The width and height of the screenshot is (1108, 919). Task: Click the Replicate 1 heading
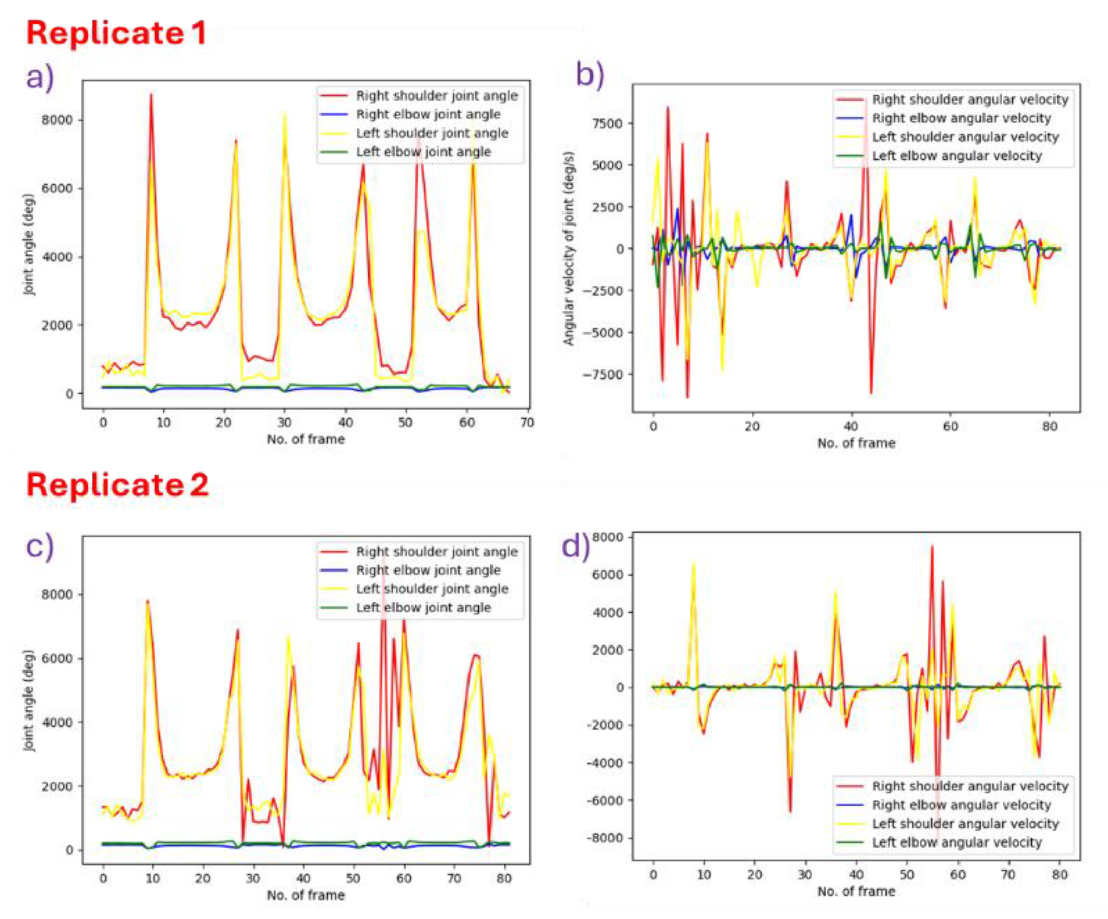point(115,33)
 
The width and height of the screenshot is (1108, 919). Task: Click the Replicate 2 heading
point(117,485)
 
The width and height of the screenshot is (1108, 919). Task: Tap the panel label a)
point(40,78)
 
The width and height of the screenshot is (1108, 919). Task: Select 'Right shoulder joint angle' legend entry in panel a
point(436,96)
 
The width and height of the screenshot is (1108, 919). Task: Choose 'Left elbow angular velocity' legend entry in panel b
point(956,156)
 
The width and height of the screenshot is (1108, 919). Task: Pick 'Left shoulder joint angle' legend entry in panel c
point(432,589)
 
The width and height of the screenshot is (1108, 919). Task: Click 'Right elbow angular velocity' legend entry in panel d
point(962,805)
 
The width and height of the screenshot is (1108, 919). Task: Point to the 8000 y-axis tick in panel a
point(57,120)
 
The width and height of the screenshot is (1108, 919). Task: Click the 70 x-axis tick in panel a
point(527,423)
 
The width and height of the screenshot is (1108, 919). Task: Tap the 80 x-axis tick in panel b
point(1049,426)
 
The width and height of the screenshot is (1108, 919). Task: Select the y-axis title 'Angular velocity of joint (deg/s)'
point(568,249)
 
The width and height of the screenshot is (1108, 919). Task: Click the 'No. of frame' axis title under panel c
point(306,895)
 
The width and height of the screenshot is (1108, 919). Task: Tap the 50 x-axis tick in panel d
point(906,874)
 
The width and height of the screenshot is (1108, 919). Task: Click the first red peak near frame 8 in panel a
point(151,95)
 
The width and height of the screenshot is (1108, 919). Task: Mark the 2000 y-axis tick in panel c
point(57,786)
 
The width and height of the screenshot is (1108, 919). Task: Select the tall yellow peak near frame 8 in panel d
point(693,563)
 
